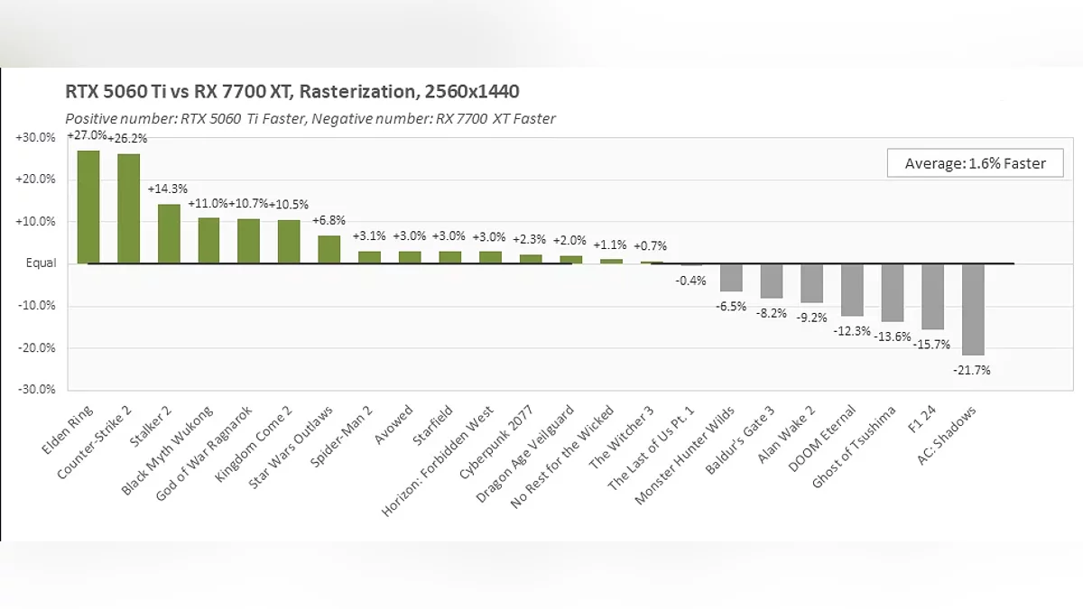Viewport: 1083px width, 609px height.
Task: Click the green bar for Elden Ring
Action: coord(88,207)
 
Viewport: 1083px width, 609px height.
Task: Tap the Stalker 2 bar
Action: coord(169,234)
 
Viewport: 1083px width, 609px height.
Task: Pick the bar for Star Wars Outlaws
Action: coord(329,249)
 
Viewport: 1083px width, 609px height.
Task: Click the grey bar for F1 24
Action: coord(932,296)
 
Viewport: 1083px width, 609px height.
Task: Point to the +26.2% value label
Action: coord(127,139)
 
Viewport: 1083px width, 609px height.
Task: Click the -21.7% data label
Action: coord(972,370)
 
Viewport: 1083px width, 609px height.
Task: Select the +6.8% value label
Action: coord(329,221)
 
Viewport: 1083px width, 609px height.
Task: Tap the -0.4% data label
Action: coord(690,280)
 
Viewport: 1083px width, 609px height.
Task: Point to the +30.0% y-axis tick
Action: coord(35,137)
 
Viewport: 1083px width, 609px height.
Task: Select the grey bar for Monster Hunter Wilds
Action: coord(731,277)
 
